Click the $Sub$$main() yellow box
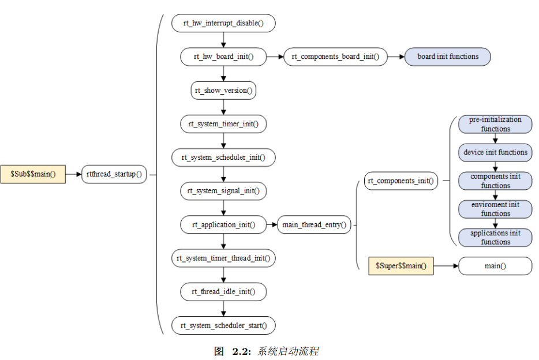coord(33,174)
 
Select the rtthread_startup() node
coord(114,174)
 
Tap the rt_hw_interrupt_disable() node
coord(223,23)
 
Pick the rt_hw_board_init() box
coord(223,57)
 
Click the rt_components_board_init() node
coord(335,57)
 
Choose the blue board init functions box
coord(448,57)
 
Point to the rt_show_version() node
coord(223,91)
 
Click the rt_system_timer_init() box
coord(223,123)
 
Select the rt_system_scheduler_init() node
coord(223,157)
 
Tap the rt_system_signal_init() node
coord(223,190)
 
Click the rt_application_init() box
coord(223,224)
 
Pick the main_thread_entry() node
coord(315,224)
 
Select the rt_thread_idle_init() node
coord(223,291)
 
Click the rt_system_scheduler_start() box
coord(223,325)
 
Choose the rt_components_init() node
coord(401,181)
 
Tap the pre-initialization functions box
coord(495,124)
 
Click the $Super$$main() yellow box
coord(401,265)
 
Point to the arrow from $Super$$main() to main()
coord(446,265)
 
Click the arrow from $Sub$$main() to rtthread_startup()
coord(73,174)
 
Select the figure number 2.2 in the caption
coord(240,351)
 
